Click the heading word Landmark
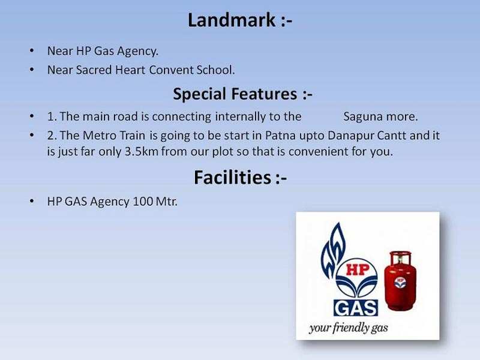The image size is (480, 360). [x=232, y=20]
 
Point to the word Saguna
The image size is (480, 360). [x=363, y=117]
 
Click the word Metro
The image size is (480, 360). [x=97, y=136]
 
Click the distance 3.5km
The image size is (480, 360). [x=141, y=152]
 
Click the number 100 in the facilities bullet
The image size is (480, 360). [x=143, y=202]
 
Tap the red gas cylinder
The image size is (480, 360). [x=400, y=281]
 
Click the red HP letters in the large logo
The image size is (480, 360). [x=358, y=269]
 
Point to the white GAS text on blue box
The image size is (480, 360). [x=356, y=308]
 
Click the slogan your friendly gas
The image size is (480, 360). [x=349, y=328]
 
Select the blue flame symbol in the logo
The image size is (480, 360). [x=332, y=250]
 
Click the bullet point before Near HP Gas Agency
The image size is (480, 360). [x=32, y=51]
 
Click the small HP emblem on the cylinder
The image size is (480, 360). [x=400, y=282]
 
